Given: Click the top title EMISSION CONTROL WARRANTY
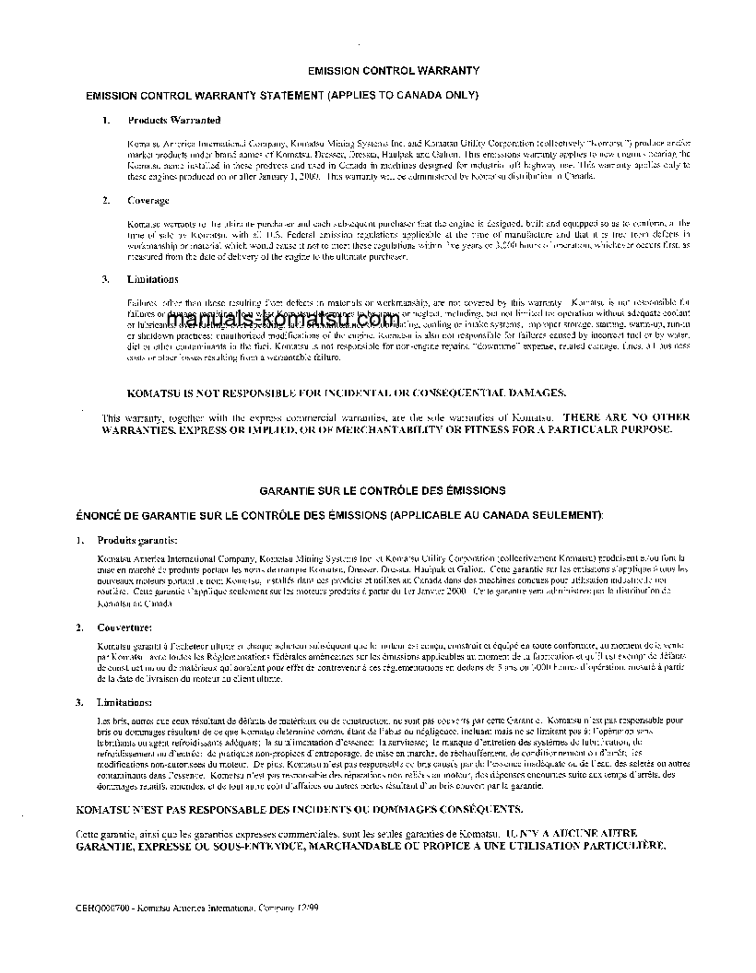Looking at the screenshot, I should click(x=394, y=70).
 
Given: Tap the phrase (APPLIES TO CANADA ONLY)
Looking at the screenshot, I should click(x=405, y=95).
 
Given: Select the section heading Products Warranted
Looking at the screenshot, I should click(x=173, y=121).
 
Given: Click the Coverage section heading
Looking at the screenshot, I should click(x=148, y=201).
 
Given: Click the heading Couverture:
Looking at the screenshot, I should click(x=125, y=627).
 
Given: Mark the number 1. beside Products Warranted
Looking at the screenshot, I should click(x=106, y=121).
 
